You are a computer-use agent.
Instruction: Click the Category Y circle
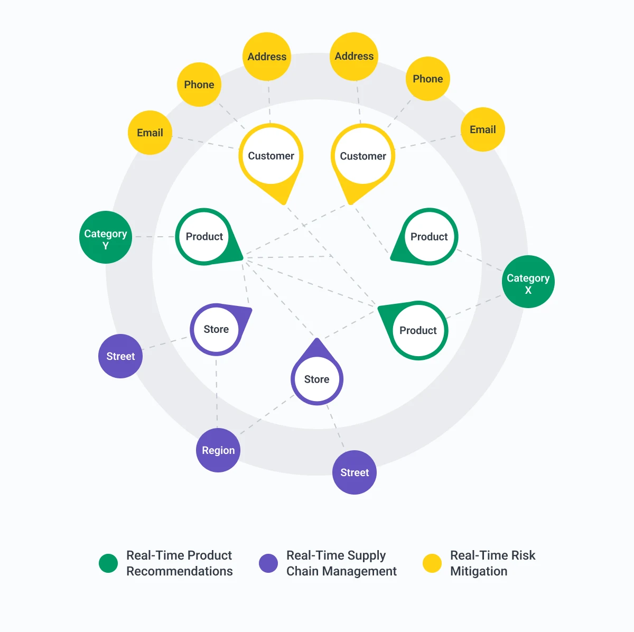[106, 237]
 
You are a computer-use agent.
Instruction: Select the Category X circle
[528, 282]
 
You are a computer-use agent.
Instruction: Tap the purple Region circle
[218, 450]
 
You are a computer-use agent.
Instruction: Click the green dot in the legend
[108, 563]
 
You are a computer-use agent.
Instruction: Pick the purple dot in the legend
[268, 563]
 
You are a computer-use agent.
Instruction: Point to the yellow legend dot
[432, 563]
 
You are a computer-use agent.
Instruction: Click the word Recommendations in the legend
[180, 571]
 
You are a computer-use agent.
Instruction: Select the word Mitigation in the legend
[479, 571]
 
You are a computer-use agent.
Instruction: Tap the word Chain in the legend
[303, 571]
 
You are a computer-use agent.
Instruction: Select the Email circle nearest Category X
[483, 129]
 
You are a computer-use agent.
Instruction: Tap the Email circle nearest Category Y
[150, 133]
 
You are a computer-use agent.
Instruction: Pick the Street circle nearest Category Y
[120, 356]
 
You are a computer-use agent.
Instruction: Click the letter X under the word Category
[528, 290]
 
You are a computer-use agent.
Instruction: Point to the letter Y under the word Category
[106, 246]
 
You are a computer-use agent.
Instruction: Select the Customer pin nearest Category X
[362, 161]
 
